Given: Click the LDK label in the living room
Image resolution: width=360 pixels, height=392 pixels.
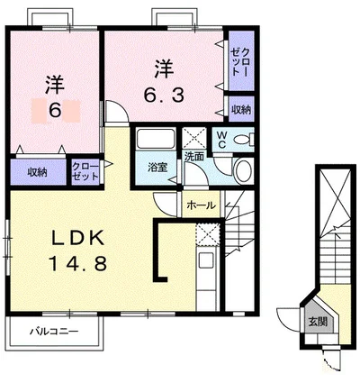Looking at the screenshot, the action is click(x=78, y=238).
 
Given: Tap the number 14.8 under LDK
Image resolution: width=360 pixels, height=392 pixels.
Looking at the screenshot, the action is click(x=78, y=264).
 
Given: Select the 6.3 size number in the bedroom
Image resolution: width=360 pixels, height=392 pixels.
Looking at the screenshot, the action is click(x=164, y=95).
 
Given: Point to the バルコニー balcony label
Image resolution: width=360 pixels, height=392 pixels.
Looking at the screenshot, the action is click(x=54, y=332).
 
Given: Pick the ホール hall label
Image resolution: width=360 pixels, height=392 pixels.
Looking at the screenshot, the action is click(x=201, y=205).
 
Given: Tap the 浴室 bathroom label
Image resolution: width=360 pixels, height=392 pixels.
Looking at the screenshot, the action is click(x=157, y=168).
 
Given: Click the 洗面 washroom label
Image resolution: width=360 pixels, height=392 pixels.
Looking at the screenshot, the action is click(x=194, y=156).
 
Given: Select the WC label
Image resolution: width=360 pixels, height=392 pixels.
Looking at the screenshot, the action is click(x=222, y=139).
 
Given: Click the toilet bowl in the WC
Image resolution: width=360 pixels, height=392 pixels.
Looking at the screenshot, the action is click(x=242, y=140).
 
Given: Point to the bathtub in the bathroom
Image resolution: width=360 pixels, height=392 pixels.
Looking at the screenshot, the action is click(x=156, y=138).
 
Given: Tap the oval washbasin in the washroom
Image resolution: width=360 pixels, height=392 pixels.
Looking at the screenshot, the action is click(x=243, y=170).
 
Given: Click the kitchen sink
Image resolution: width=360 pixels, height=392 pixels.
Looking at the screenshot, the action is click(x=207, y=260).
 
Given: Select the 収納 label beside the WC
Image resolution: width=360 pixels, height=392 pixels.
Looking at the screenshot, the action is click(x=241, y=109).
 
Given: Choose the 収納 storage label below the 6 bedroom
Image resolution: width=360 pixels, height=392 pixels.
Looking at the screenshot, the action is click(x=38, y=172).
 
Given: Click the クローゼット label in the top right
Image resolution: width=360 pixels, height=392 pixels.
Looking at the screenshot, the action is click(x=240, y=62).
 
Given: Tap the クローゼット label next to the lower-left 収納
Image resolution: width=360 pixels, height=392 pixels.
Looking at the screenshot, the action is click(x=85, y=171).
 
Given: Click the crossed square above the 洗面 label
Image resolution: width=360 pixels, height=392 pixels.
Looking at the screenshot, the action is click(x=194, y=138).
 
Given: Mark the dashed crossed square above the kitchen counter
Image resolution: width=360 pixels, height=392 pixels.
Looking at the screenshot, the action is click(x=208, y=235).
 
